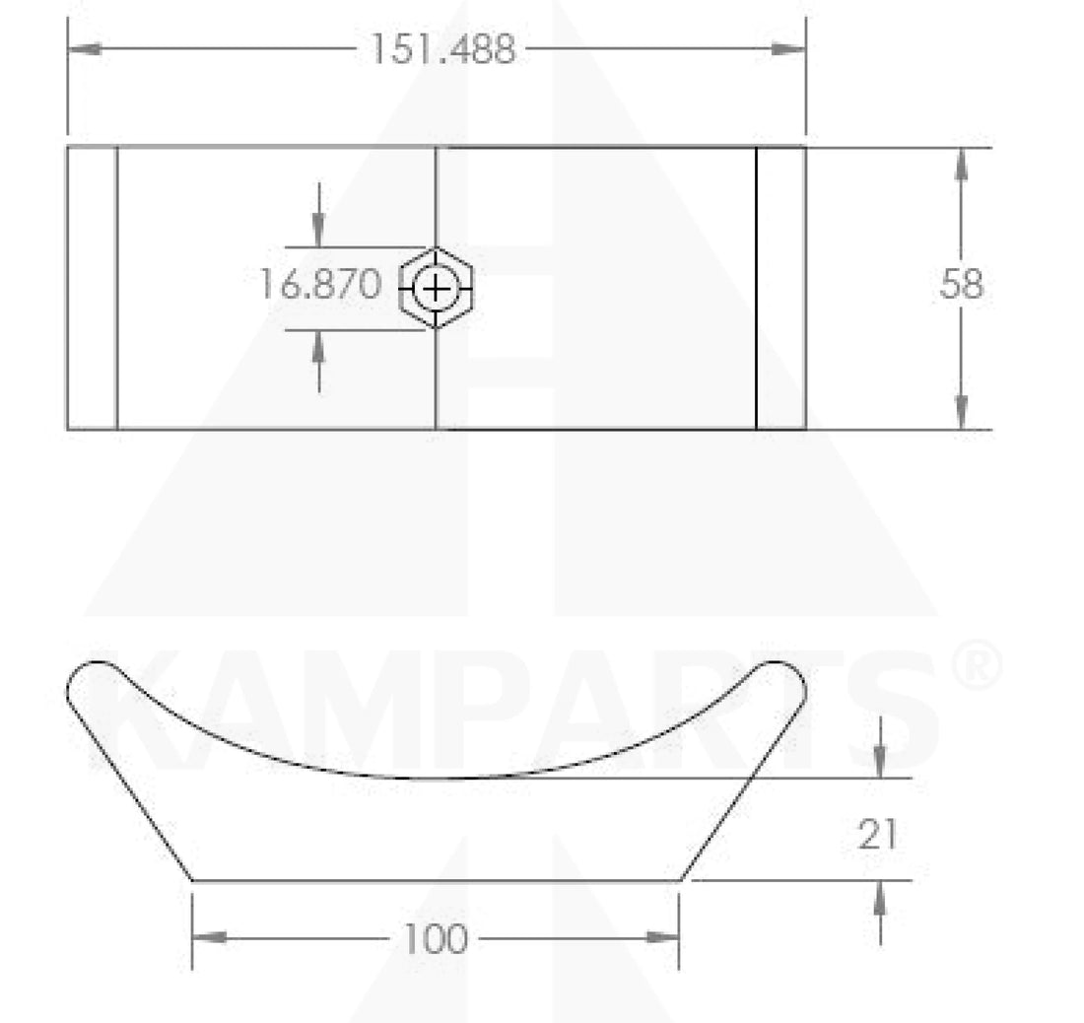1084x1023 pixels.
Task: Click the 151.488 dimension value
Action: pos(443,49)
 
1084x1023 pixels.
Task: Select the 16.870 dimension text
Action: pos(319,284)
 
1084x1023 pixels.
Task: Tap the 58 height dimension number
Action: pos(961,284)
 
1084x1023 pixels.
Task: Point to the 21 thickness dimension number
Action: pos(877,834)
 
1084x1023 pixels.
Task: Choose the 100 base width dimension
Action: pos(435,938)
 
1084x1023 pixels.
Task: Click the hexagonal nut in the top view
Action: pos(436,288)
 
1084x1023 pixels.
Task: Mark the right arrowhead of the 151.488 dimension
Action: pos(788,49)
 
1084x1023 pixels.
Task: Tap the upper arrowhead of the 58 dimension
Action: pos(961,165)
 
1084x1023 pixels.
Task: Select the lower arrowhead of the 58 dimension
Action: pos(961,413)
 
